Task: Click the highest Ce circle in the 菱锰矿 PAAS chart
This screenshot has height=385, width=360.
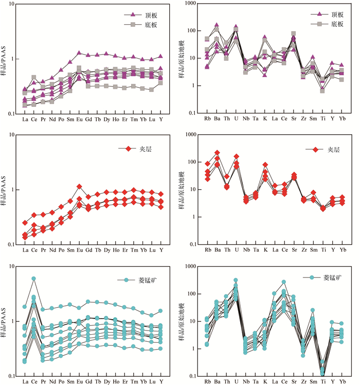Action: click(x=34, y=279)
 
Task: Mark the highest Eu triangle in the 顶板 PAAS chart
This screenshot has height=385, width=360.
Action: click(x=79, y=53)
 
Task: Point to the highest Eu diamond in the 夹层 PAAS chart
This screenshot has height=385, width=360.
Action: click(x=79, y=187)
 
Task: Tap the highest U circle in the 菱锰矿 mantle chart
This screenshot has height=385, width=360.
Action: click(x=236, y=281)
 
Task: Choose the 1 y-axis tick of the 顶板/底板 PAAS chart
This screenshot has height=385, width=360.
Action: click(x=15, y=59)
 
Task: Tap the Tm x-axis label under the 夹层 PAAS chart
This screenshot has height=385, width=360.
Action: click(x=134, y=250)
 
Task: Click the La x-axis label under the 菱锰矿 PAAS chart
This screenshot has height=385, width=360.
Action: click(x=25, y=382)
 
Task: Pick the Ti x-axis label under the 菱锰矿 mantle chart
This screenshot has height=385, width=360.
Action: click(x=322, y=382)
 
